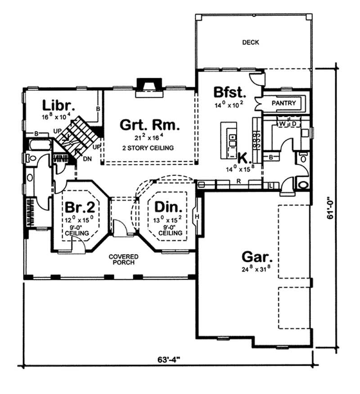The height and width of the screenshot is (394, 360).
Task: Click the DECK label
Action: [x=251, y=43]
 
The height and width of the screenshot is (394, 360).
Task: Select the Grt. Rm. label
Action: [x=150, y=125]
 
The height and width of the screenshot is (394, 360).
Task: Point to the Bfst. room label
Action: [x=230, y=93]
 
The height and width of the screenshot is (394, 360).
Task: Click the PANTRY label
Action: [x=284, y=103]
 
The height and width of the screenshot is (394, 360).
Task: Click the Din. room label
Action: [x=169, y=207]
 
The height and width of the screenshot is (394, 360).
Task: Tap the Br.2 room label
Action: [x=80, y=207]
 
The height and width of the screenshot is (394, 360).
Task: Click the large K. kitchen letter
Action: [x=243, y=159]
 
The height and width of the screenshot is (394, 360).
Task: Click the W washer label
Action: [x=283, y=123]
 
